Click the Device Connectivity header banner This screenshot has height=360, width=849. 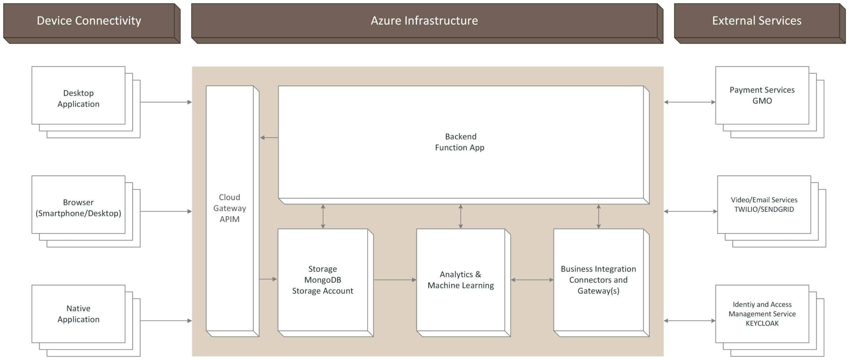(89, 21)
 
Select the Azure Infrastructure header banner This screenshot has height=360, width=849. (424, 21)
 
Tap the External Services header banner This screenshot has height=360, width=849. (756, 21)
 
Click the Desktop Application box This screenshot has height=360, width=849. (78, 98)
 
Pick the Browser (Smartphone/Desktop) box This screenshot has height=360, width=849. (78, 208)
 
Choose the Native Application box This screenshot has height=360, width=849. (78, 314)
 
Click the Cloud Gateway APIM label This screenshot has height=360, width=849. (229, 208)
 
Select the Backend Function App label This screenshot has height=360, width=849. (460, 142)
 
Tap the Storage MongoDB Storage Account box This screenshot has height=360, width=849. (322, 280)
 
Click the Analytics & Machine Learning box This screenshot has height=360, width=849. (460, 280)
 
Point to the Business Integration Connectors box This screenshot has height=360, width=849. (598, 280)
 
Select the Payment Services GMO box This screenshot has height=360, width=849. (762, 95)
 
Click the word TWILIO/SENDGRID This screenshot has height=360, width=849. (764, 210)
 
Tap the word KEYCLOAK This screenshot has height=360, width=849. (762, 324)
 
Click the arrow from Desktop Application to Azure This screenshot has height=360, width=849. (166, 102)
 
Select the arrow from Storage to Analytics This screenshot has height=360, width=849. (395, 280)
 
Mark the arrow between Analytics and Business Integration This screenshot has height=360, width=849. (532, 280)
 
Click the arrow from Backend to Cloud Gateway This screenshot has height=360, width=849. (269, 138)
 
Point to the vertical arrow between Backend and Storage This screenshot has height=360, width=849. (323, 216)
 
